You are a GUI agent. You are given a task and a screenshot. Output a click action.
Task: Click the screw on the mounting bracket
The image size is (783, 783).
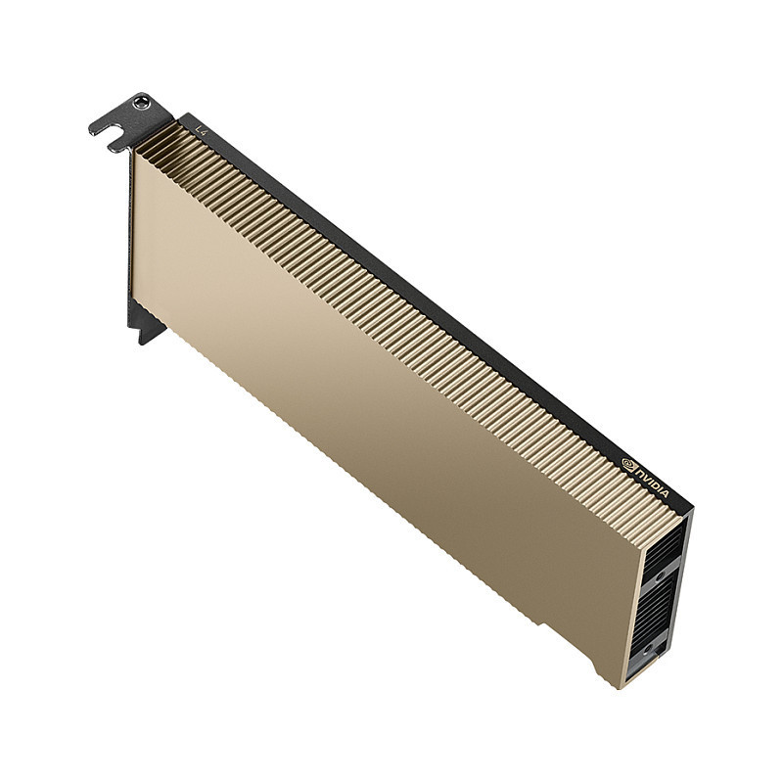click(141, 103)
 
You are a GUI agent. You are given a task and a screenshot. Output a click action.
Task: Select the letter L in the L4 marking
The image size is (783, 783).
click(199, 129)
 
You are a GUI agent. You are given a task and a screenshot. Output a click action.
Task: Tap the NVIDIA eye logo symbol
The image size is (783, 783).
click(627, 462)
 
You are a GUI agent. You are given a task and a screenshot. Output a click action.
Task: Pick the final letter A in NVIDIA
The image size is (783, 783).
click(666, 493)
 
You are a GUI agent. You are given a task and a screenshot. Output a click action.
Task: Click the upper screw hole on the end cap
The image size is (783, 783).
click(660, 576)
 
